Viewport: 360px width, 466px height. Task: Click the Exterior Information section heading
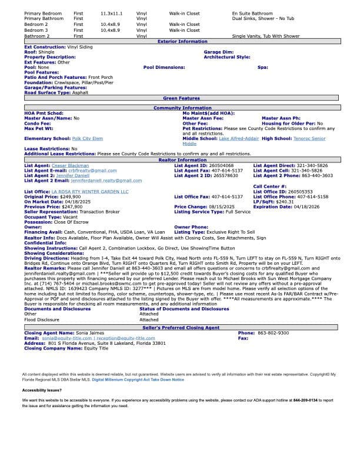point(182,42)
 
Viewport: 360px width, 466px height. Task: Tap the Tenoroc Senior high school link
point(310,138)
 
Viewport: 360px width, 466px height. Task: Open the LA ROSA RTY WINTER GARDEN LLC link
point(89,191)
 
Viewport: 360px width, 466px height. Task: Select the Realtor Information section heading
point(182,160)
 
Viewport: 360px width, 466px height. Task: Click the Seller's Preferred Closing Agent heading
point(181,327)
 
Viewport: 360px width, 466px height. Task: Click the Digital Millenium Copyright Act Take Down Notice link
point(137,380)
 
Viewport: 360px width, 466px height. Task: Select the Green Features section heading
point(181,98)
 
